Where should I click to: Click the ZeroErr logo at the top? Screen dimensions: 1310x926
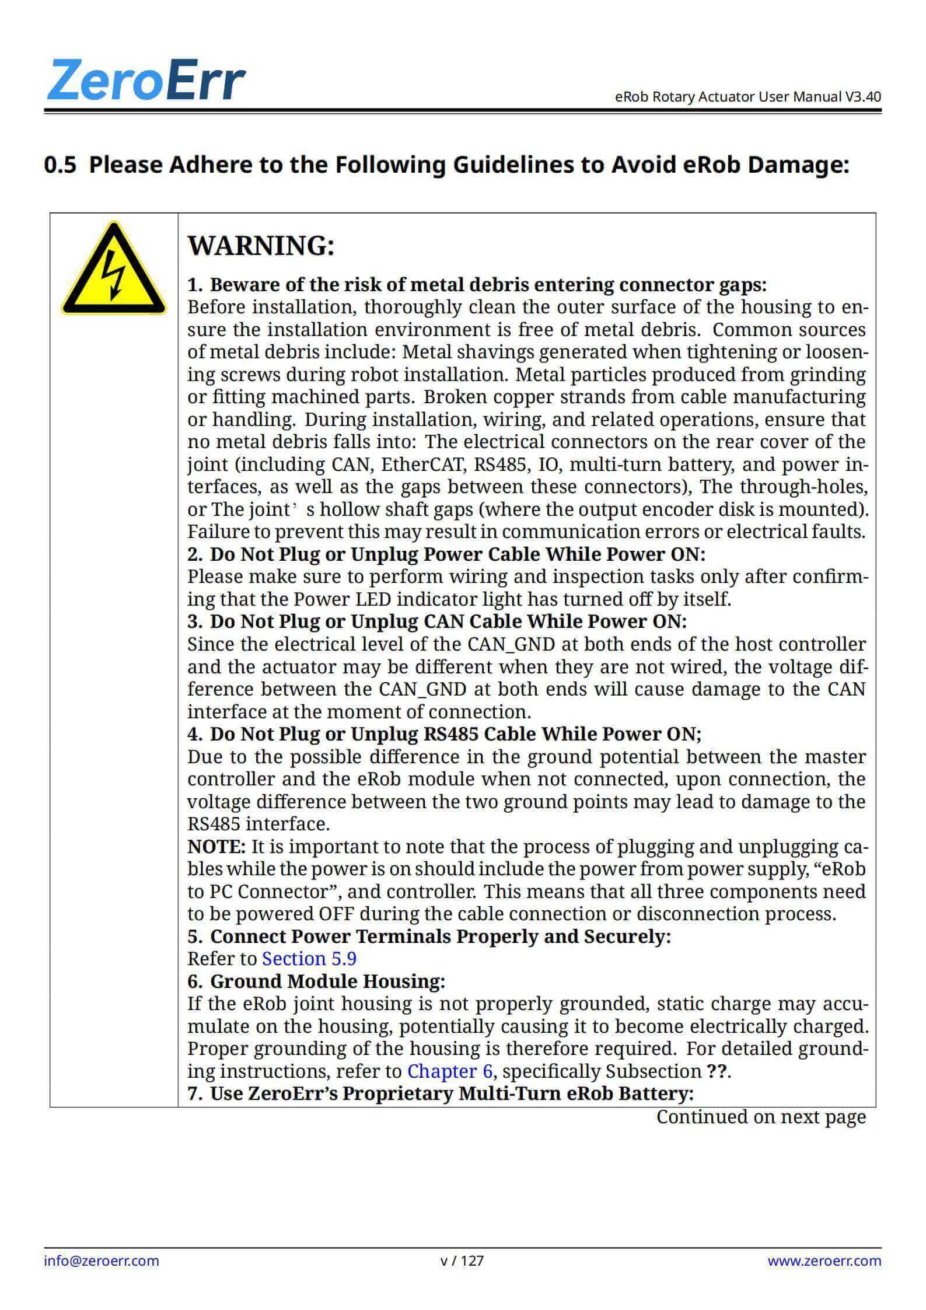click(145, 80)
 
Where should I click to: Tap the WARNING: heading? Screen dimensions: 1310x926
click(261, 246)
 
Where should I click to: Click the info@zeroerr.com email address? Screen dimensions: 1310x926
click(102, 1260)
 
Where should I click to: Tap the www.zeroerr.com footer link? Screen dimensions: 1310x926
click(824, 1260)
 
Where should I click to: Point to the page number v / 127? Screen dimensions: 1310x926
click(462, 1260)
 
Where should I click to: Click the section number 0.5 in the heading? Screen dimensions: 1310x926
click(60, 166)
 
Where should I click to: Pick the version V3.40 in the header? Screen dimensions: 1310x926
click(863, 96)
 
